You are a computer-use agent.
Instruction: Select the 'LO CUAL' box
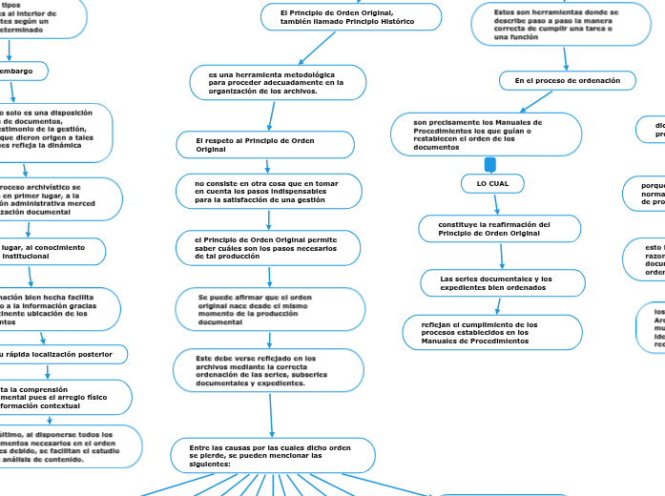tap(492, 182)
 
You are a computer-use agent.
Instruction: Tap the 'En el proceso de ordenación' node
tap(568, 81)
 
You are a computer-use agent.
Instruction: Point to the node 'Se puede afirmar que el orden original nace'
tap(270, 309)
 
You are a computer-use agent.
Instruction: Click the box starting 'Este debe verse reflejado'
tap(270, 370)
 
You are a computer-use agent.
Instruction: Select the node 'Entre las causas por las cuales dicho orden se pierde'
tap(273, 455)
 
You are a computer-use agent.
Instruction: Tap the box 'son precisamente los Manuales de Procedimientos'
tap(487, 134)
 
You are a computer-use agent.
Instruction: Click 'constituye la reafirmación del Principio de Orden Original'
tap(488, 228)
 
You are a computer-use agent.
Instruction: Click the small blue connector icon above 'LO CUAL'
tap(491, 165)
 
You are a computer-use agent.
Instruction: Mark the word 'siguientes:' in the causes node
tap(216, 464)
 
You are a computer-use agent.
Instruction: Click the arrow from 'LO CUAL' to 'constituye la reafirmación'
tap(489, 203)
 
